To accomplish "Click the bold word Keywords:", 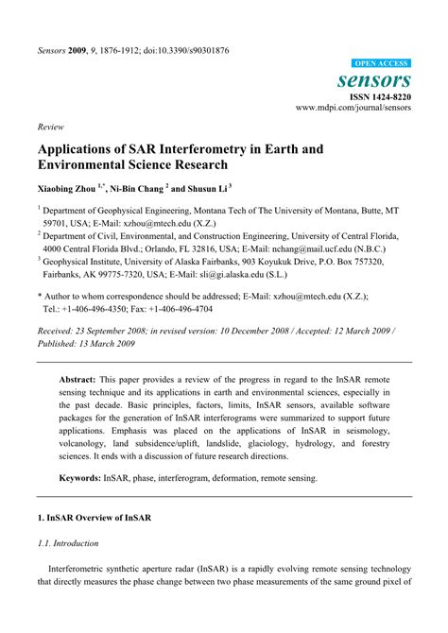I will [x=87, y=479].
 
